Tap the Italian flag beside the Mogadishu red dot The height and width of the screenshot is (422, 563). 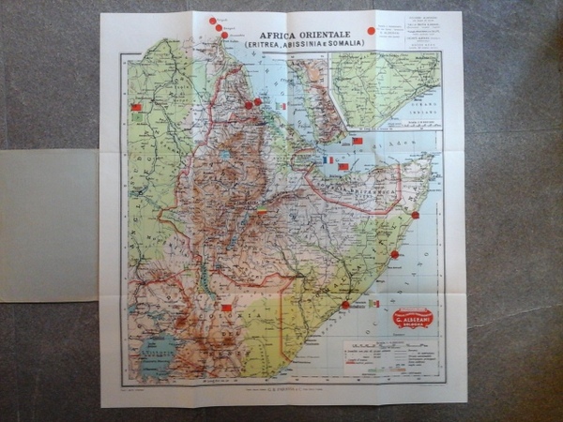pyautogui.click(x=373, y=304)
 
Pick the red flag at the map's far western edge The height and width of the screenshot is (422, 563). pyautogui.click(x=136, y=108)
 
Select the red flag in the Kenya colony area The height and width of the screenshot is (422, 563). pyautogui.click(x=225, y=307)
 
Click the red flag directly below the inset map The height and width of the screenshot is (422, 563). pyautogui.click(x=358, y=141)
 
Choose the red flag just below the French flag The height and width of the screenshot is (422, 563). pyautogui.click(x=343, y=167)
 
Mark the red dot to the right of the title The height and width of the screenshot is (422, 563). pyautogui.click(x=371, y=31)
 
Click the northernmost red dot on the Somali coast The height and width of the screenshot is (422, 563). pyautogui.click(x=415, y=215)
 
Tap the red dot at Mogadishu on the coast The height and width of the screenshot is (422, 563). pyautogui.click(x=345, y=305)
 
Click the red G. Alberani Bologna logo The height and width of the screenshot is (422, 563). pyautogui.click(x=413, y=319)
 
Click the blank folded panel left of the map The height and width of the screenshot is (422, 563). pyautogui.click(x=49, y=225)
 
